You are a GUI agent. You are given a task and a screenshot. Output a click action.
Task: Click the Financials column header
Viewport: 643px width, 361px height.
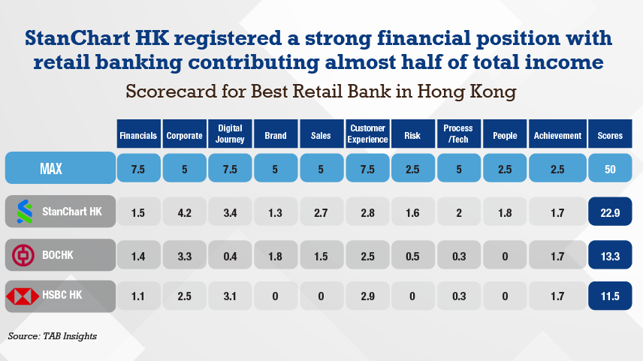(x=138, y=136)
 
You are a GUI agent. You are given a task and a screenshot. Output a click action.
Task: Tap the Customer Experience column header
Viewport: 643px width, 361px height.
(x=367, y=135)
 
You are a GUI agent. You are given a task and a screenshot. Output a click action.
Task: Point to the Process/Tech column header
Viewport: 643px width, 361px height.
(x=458, y=135)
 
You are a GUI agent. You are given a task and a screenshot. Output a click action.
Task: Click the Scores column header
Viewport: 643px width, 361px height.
(x=610, y=136)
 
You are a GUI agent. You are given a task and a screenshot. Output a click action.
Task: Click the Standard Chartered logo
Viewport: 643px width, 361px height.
(x=23, y=212)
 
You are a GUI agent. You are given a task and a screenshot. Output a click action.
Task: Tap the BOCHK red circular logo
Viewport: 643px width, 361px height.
(x=23, y=255)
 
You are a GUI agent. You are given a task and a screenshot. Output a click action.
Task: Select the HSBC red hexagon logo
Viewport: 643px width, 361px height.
(x=23, y=297)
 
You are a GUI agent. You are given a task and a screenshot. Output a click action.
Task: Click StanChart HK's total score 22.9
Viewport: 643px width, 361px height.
(x=610, y=212)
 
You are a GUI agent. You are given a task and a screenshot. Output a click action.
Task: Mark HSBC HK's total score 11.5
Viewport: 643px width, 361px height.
(x=610, y=297)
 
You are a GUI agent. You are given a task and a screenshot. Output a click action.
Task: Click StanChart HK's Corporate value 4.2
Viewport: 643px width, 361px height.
(x=184, y=212)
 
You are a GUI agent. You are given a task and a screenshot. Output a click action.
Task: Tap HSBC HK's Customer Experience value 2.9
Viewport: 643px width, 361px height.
(x=367, y=297)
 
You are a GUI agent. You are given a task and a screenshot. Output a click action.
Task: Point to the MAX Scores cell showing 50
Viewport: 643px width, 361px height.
(x=610, y=169)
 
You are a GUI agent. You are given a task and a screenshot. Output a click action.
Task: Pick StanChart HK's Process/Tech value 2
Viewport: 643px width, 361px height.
(x=458, y=212)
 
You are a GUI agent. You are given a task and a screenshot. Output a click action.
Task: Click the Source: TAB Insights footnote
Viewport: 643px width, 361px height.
(x=53, y=335)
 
